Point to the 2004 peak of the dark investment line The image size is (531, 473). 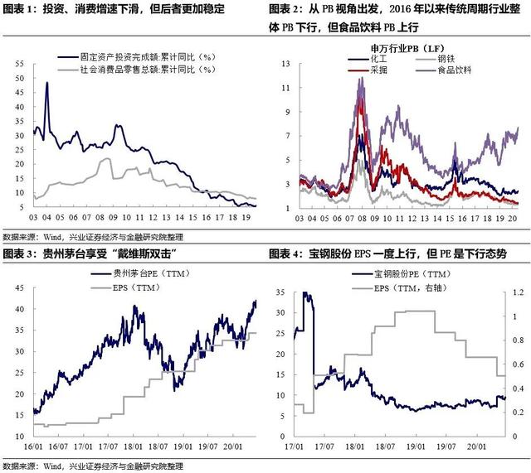[46, 82]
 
